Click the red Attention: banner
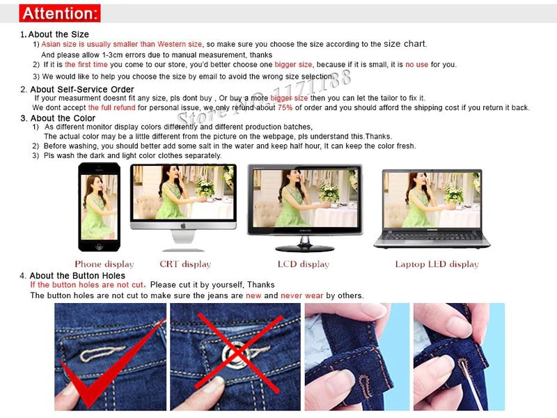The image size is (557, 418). point(60,13)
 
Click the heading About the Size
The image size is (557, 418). point(58,34)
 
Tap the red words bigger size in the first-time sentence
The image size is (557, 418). point(293,65)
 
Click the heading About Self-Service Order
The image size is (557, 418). point(82,90)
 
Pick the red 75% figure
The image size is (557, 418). point(285,108)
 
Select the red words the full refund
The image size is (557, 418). point(111,108)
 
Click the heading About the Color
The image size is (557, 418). point(63,118)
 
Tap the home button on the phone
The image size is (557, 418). point(99,246)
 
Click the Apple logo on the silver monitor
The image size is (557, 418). point(183,226)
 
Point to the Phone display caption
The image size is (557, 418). point(104,264)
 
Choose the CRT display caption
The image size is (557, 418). point(185,264)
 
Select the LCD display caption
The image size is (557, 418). point(304,264)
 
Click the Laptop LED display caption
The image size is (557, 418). point(437,264)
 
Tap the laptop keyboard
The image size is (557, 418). point(432,236)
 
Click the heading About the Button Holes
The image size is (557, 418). point(77,276)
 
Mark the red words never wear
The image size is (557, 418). point(302,295)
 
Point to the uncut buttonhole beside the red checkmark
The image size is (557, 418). point(102,353)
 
